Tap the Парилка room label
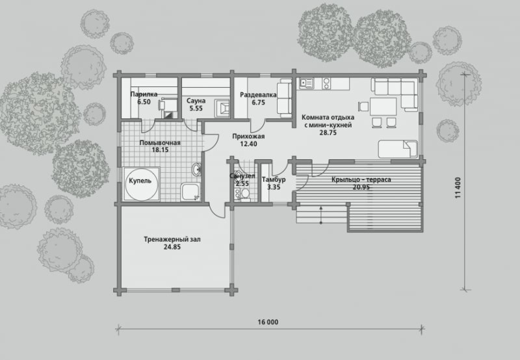click(x=144, y=94)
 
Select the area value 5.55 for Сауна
click(x=196, y=109)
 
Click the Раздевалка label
click(x=258, y=95)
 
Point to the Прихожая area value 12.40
click(x=248, y=144)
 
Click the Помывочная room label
click(x=160, y=143)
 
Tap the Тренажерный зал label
click(x=172, y=239)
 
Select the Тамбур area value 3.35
click(x=274, y=187)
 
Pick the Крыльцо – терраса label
click(x=361, y=179)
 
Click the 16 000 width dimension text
click(x=268, y=322)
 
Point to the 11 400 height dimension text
click(x=458, y=188)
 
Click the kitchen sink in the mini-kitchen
click(x=306, y=83)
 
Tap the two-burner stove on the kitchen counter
click(x=326, y=84)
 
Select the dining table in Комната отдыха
click(x=383, y=107)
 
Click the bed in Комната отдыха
click(x=398, y=149)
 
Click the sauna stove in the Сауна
click(x=222, y=108)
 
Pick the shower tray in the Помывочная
click(x=190, y=192)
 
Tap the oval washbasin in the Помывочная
click(x=196, y=170)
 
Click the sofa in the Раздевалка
click(x=284, y=97)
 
